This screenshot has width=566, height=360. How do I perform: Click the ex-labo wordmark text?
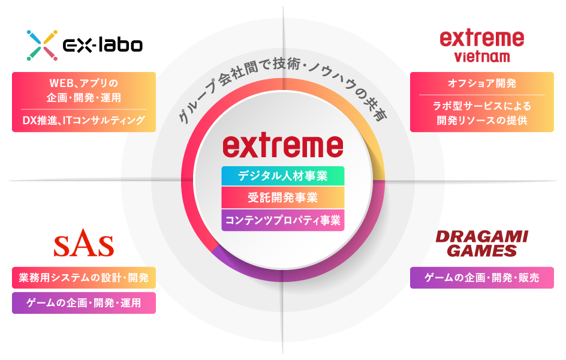[103, 45]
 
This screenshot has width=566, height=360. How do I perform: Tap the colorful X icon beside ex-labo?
[42, 45]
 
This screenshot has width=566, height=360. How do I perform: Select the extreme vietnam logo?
[482, 46]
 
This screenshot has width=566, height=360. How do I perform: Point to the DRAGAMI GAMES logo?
[482, 244]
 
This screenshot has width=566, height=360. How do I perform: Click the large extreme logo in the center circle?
[282, 146]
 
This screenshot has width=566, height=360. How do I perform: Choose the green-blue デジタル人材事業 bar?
[283, 176]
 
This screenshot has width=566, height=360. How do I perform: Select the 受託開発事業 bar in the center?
[283, 197]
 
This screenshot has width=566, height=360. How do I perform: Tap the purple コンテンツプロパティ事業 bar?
[283, 220]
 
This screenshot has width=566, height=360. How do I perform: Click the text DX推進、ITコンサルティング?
[84, 120]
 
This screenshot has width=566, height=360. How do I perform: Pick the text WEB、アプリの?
[84, 83]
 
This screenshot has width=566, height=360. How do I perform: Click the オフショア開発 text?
[482, 83]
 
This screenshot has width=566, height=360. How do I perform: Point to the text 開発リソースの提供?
[482, 120]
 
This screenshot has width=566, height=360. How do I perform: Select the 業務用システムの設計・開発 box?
[84, 278]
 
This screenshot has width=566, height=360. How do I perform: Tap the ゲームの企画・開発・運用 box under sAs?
[84, 303]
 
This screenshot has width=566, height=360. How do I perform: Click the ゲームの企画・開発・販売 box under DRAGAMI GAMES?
[482, 278]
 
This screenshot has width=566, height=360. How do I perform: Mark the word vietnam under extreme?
[482, 56]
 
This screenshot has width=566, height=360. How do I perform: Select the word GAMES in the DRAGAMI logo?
[482, 251]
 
